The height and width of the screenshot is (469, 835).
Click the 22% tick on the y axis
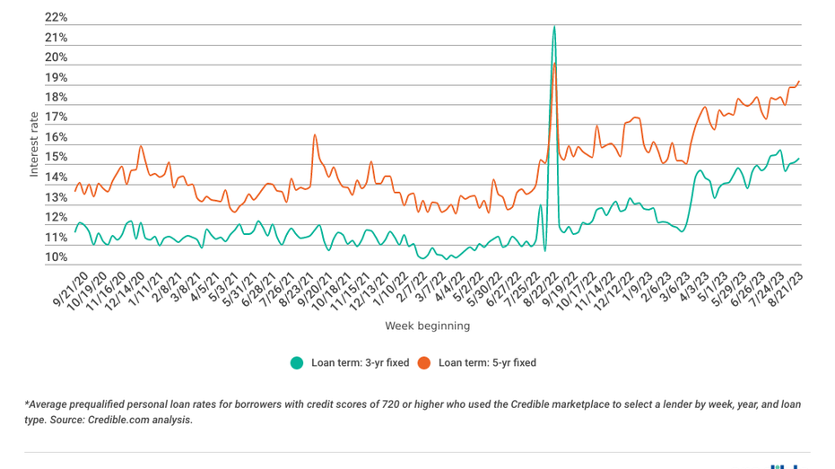click(x=55, y=18)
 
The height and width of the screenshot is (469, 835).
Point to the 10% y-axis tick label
click(x=55, y=258)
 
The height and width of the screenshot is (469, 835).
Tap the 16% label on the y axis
click(x=55, y=138)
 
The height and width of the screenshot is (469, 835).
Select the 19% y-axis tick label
click(x=55, y=78)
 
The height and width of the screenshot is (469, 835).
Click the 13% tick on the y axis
click(x=55, y=198)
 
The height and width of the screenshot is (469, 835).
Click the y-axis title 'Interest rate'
click(x=34, y=143)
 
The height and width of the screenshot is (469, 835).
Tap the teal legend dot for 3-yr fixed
click(x=297, y=363)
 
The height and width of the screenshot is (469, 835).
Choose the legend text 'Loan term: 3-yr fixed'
click(x=360, y=363)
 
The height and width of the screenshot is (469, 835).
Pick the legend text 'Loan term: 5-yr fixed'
click(x=487, y=363)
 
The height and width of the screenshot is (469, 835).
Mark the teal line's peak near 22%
click(x=554, y=27)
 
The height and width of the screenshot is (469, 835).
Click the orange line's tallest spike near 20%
click(x=556, y=63)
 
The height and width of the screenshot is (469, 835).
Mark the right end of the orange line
click(x=799, y=82)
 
